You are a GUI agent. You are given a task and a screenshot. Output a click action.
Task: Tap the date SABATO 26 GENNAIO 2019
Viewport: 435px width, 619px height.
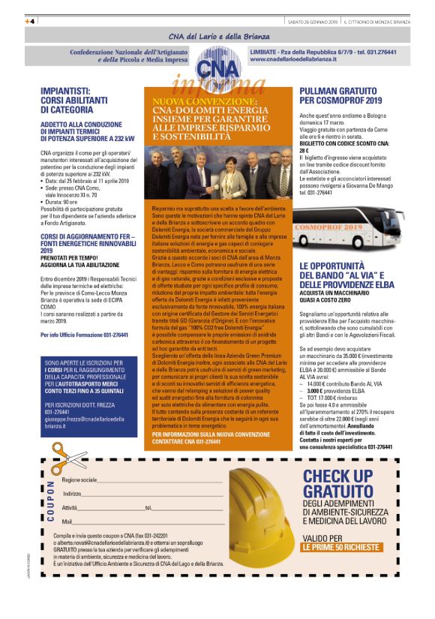[312, 21]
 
